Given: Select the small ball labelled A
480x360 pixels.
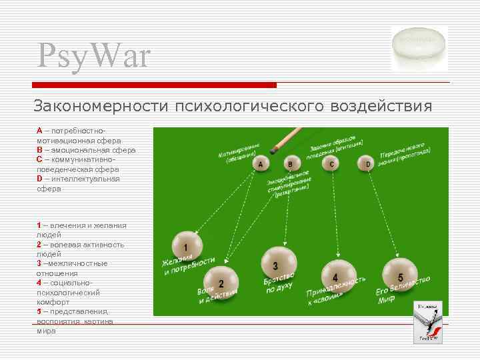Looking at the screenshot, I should [x=261, y=163].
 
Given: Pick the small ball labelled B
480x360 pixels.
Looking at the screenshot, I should [x=290, y=163].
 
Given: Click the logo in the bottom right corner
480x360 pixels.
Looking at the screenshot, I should [x=428, y=322].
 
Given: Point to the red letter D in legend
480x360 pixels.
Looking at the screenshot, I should [x=39, y=179].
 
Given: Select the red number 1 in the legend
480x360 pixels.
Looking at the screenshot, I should [x=39, y=225].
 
